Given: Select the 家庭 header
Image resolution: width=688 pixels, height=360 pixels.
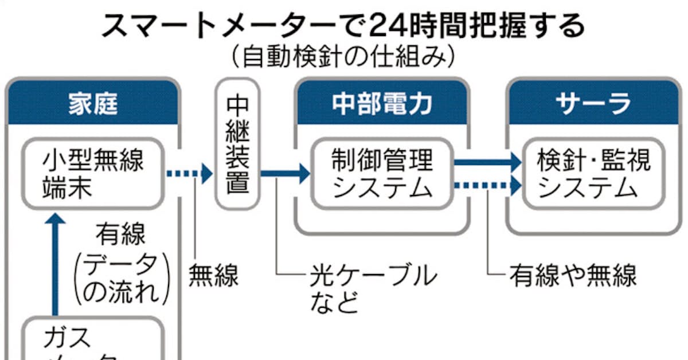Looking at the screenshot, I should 93,104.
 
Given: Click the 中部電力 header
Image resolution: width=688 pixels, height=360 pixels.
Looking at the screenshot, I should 382,104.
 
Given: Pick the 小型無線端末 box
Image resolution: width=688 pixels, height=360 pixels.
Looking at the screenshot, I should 93,173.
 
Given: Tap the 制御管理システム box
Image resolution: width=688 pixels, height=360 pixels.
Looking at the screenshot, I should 382,174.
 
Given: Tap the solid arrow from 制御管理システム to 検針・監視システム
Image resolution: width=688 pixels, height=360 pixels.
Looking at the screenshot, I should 487,162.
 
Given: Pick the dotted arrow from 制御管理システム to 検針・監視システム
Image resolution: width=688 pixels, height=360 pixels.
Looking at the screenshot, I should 487,185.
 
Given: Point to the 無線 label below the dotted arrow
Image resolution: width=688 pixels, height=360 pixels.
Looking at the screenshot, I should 213,276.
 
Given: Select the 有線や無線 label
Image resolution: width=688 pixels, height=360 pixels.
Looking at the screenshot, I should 573,276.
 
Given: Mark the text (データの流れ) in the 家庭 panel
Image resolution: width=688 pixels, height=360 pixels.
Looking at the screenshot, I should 123,279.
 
